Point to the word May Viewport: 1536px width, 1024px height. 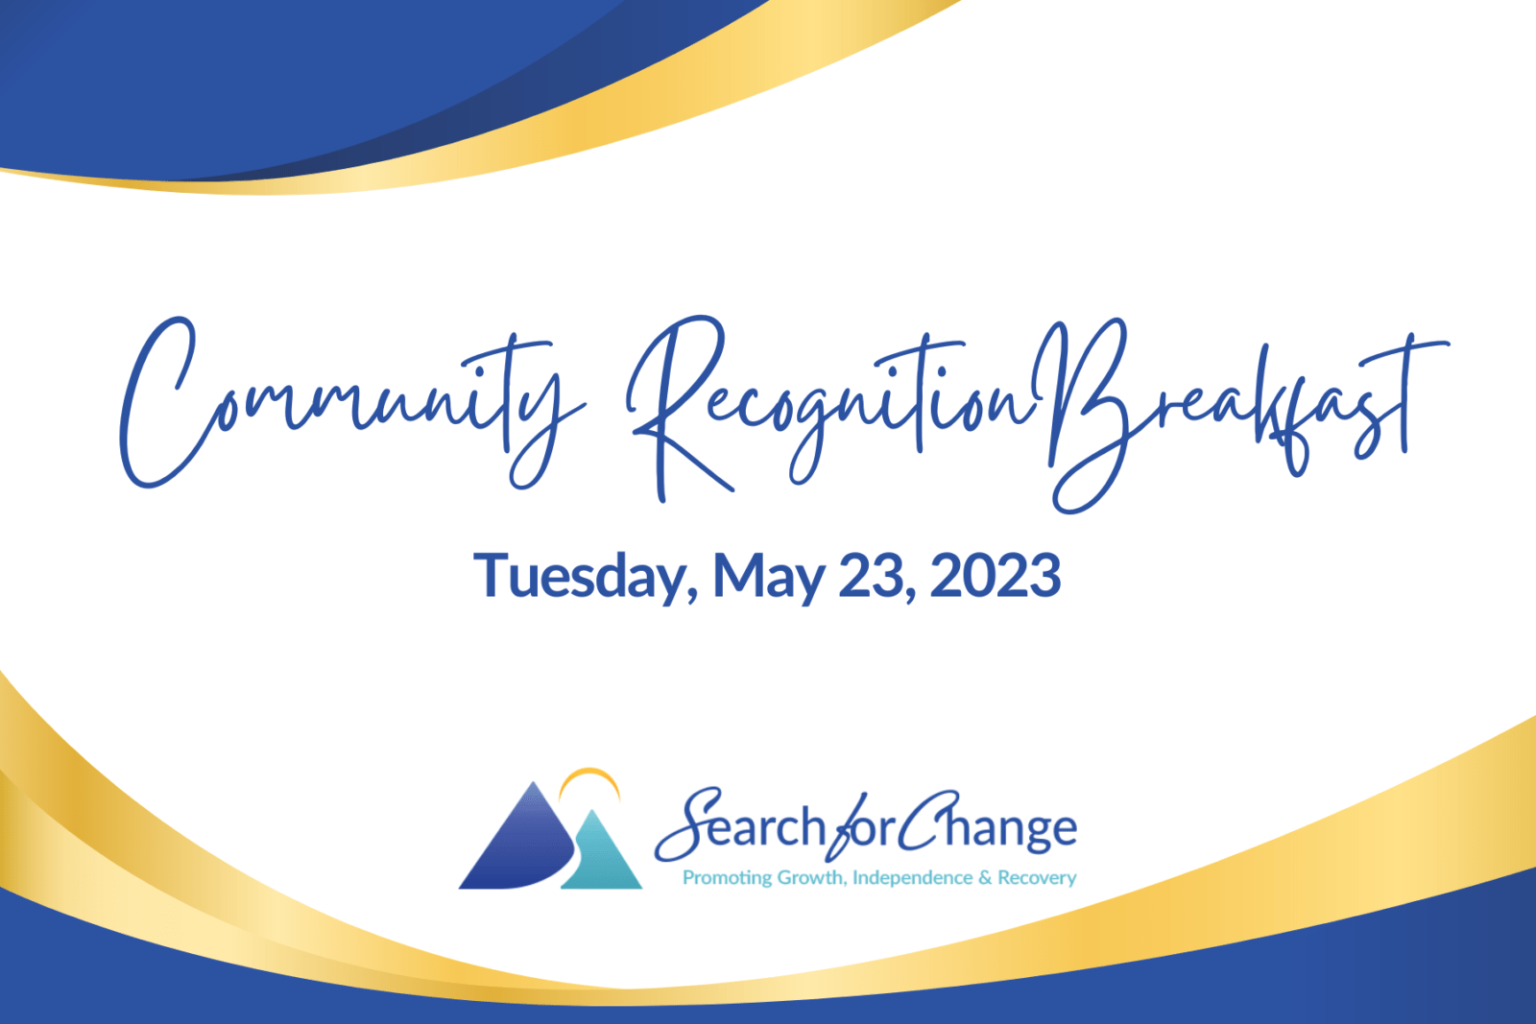(769, 579)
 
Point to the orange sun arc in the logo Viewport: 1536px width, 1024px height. (589, 773)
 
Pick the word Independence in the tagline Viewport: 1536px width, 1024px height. (913, 877)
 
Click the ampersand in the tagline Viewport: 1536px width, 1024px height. (985, 877)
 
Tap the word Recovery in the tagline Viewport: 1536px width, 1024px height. (1038, 878)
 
